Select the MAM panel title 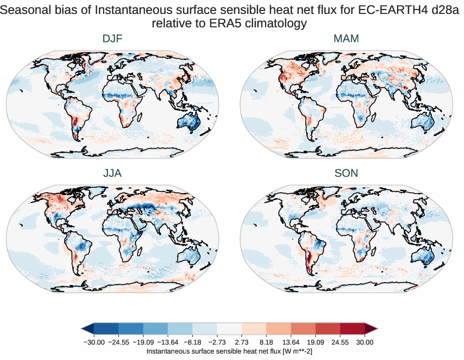[347, 39]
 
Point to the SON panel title [347, 173]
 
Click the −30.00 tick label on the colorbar [93, 342]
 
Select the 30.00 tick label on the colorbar [365, 342]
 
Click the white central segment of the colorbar [229, 328]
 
